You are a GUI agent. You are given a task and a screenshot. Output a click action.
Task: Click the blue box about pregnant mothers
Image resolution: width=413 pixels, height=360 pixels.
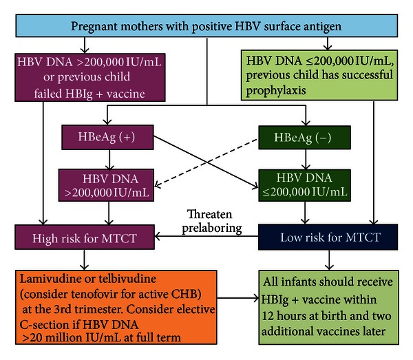[206, 25]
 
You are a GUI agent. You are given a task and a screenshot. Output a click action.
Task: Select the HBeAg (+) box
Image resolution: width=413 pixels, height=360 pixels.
[107, 137]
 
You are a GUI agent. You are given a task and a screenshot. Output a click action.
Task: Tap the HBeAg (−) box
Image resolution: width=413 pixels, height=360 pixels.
[304, 138]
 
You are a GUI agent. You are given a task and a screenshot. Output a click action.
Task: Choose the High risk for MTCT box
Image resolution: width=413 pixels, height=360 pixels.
[85, 237]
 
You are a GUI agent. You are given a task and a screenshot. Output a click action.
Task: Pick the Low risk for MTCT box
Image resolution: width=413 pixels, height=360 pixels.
[328, 237]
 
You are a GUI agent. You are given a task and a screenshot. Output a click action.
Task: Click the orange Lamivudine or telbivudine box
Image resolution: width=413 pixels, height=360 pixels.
[116, 307]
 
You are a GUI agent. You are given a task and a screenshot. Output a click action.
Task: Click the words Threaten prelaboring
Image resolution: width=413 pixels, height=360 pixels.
[211, 221]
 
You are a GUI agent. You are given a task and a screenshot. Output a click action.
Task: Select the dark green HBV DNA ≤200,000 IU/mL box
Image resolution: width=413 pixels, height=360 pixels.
[304, 185]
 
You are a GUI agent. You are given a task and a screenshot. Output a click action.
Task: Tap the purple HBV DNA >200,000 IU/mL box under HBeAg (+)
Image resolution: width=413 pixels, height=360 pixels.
[106, 185]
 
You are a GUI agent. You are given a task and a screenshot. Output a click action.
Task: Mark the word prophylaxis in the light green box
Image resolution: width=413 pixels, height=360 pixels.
[276, 91]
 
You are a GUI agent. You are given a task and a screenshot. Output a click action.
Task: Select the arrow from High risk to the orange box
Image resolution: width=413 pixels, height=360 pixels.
[84, 260]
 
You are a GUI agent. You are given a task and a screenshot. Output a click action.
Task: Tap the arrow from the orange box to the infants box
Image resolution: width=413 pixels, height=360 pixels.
[238, 298]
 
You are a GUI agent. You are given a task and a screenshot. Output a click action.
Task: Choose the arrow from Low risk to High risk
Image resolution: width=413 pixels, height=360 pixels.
[206, 236]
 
